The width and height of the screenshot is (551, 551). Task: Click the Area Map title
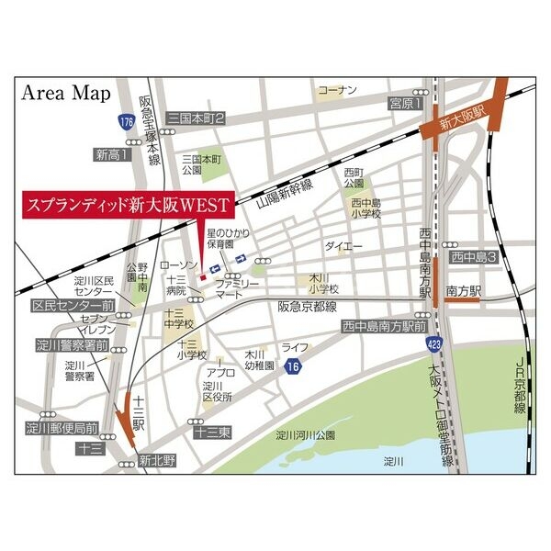pyautogui.click(x=66, y=93)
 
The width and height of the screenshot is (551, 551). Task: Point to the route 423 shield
pyautogui.click(x=433, y=343)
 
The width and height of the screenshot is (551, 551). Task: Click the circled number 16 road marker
pyautogui.click(x=292, y=367)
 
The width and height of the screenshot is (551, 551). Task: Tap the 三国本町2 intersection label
pyautogui.click(x=196, y=118)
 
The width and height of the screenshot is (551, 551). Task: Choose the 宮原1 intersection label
pyautogui.click(x=405, y=103)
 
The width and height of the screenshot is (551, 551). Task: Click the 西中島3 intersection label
pyautogui.click(x=473, y=258)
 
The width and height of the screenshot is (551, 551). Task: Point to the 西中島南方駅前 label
pyautogui.click(x=384, y=326)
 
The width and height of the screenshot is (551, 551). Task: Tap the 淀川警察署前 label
pyautogui.click(x=73, y=345)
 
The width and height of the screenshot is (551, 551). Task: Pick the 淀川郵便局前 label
pyautogui.click(x=62, y=427)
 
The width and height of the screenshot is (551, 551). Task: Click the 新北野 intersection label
pyautogui.click(x=157, y=460)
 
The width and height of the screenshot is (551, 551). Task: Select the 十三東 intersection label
pyautogui.click(x=211, y=431)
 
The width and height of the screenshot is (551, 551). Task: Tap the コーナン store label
pyautogui.click(x=336, y=90)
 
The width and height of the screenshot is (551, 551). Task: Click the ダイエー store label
pyautogui.click(x=343, y=247)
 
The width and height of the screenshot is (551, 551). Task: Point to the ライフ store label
pyautogui.click(x=294, y=347)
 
